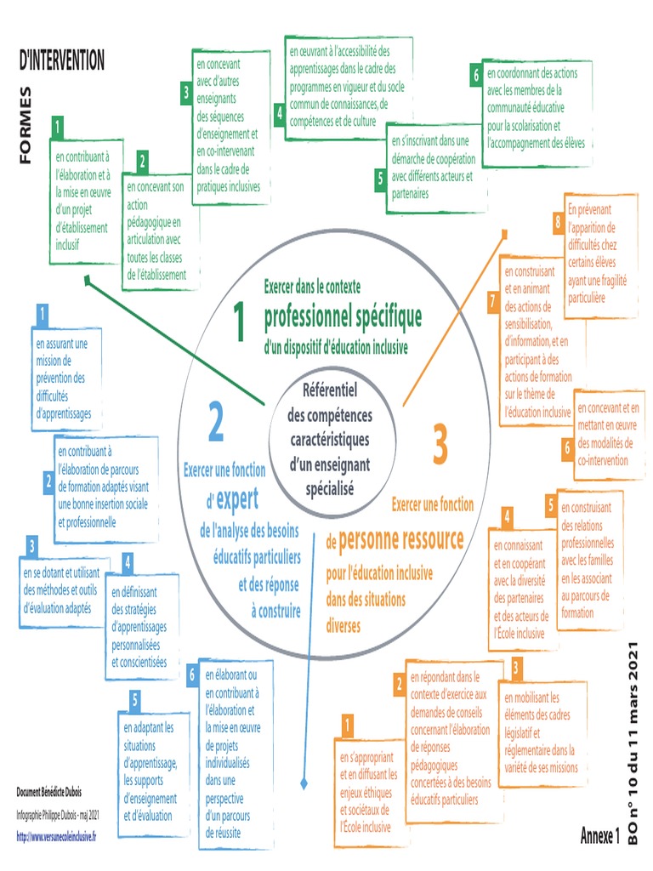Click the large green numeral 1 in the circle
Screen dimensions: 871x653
[239, 322]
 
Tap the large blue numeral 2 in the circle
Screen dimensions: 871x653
[216, 422]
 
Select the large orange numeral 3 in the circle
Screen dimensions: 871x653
[439, 446]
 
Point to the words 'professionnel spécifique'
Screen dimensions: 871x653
[343, 317]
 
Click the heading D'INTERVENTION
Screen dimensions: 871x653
[62, 60]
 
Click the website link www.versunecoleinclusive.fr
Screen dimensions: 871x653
[56, 837]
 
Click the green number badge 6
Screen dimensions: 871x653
[477, 74]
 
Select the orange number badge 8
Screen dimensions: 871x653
[558, 223]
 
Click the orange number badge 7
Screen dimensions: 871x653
[492, 300]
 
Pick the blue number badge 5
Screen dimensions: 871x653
[134, 702]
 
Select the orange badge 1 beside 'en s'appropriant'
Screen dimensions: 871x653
[347, 726]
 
